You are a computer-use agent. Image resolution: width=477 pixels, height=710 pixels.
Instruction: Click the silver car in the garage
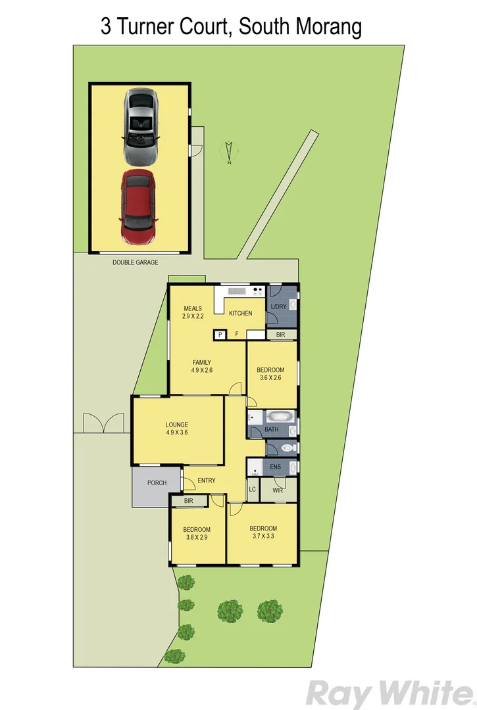[x=140, y=128]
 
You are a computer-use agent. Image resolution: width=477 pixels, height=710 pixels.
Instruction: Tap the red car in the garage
[x=138, y=207]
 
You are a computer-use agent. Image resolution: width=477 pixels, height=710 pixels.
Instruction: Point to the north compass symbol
[x=228, y=153]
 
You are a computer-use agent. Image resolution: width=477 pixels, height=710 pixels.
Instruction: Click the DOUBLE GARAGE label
[x=136, y=262]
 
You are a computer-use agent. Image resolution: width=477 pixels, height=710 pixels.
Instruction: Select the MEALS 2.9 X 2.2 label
[x=193, y=312]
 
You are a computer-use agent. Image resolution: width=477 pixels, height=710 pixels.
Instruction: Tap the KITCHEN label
[x=240, y=314]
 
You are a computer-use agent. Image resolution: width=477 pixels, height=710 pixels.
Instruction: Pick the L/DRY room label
[x=278, y=307]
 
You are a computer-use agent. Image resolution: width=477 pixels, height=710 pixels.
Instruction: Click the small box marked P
[x=220, y=335]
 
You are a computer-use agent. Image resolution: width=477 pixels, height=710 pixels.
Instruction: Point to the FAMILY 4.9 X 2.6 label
[x=202, y=366]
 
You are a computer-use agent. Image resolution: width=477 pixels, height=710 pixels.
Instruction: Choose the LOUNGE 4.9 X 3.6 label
[x=177, y=428]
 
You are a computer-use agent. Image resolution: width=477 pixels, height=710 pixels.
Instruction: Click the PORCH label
[x=157, y=483]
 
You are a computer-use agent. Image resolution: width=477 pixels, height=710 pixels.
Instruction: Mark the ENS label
[x=275, y=467]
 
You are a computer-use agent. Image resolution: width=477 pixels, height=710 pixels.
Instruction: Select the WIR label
[x=278, y=490]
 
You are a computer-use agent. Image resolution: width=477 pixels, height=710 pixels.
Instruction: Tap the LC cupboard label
[x=253, y=490]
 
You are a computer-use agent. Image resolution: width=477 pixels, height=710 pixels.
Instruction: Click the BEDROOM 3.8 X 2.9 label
[x=197, y=534]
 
